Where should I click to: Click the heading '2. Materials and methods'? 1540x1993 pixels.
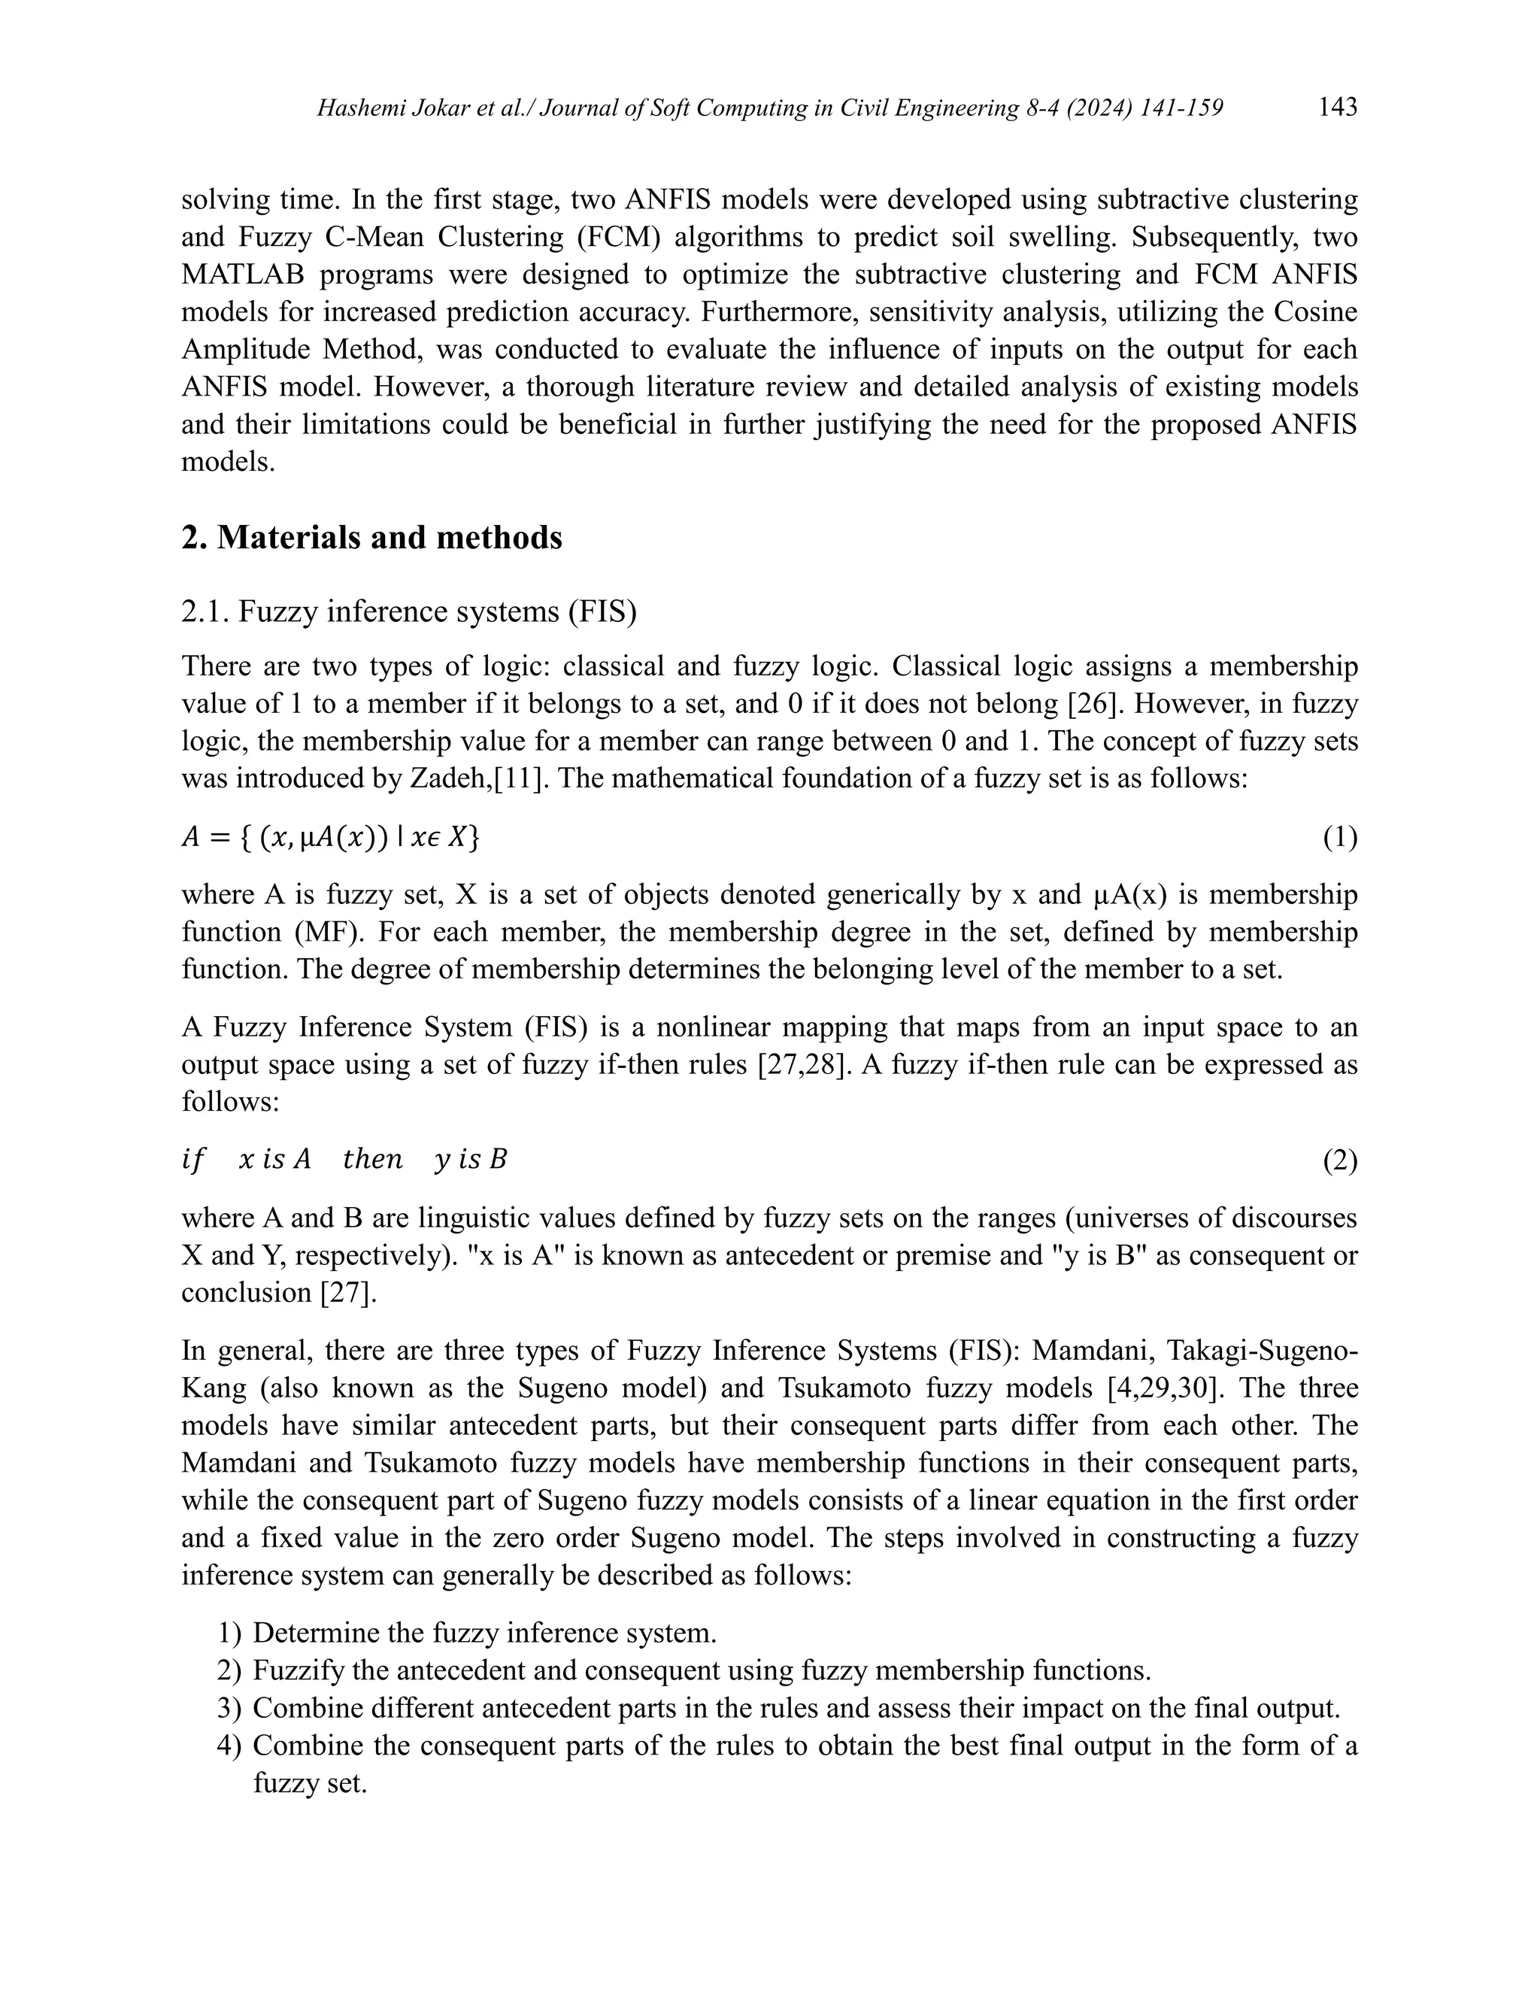371,538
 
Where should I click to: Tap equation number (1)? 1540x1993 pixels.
1339,838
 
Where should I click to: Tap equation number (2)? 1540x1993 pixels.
1339,1160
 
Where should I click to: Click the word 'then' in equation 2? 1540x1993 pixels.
372,1160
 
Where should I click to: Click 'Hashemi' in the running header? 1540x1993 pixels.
359,110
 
